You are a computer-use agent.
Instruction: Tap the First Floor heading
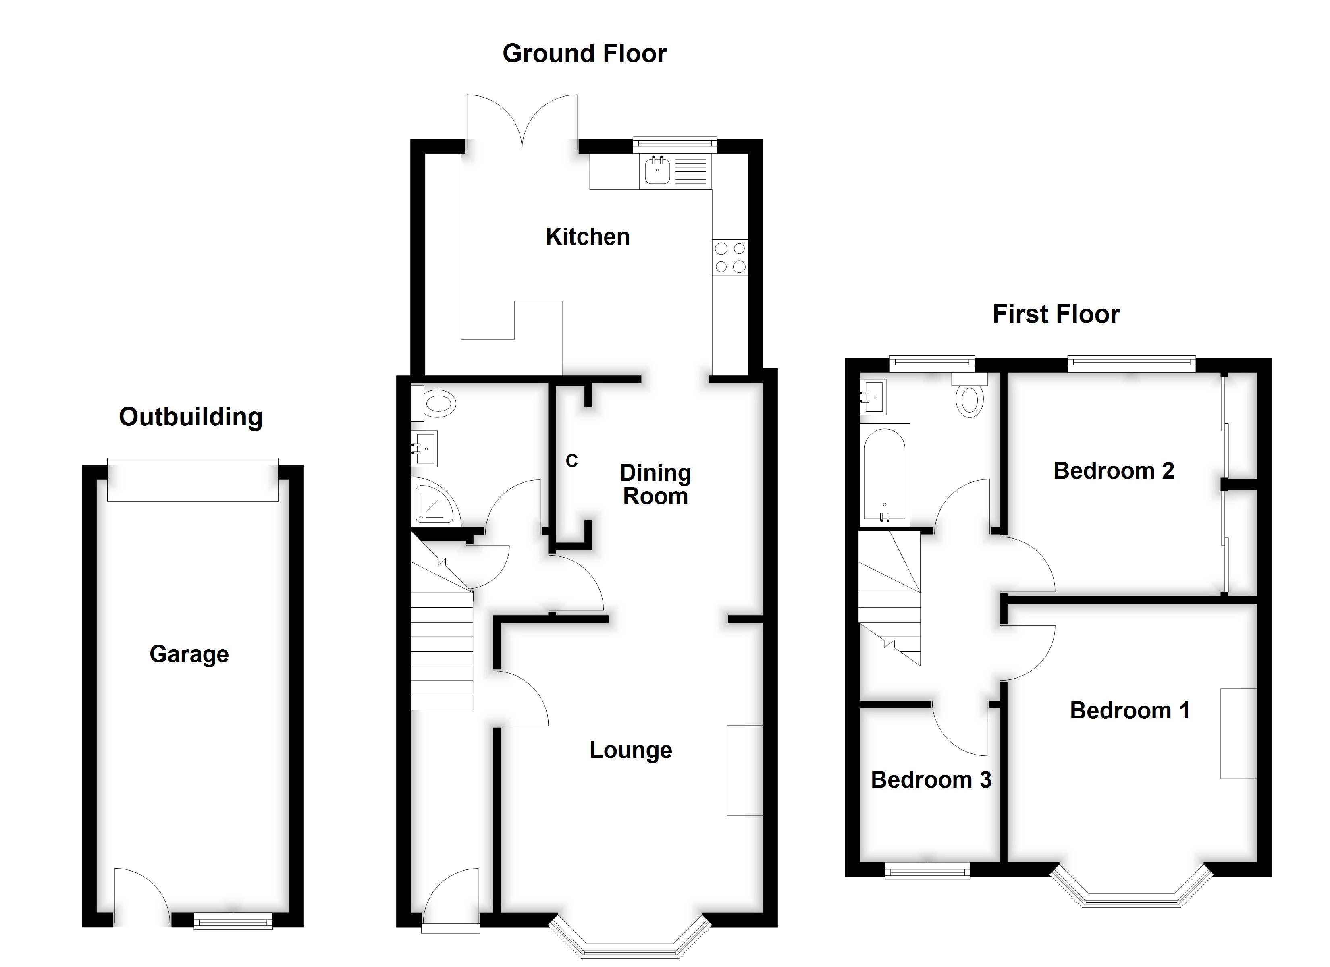[x=1056, y=314]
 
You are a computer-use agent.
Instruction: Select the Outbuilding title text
[x=191, y=417]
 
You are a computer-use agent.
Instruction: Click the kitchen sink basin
[x=657, y=171]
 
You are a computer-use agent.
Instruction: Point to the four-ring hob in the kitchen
[x=730, y=257]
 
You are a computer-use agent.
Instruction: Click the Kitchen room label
[x=588, y=237]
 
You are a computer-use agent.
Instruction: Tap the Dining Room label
[x=655, y=484]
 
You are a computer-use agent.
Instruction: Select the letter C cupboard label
[x=572, y=461]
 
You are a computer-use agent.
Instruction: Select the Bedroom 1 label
[x=1129, y=711]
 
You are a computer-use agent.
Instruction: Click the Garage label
[x=189, y=654]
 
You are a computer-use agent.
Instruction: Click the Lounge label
[x=630, y=750]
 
